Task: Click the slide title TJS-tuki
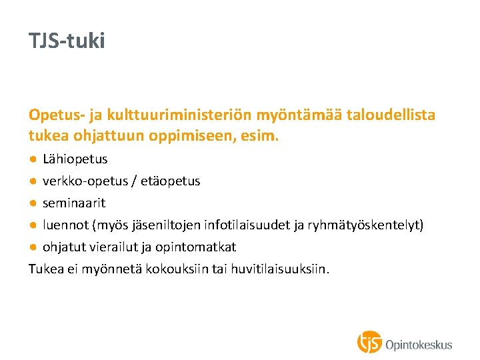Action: (x=67, y=41)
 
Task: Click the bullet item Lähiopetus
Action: (x=75, y=159)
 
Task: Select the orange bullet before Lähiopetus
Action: (x=33, y=159)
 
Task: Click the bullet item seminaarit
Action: (x=74, y=203)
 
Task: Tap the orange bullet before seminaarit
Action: (x=33, y=203)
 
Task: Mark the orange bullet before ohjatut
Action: (x=33, y=247)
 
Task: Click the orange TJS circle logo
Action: (x=370, y=343)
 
